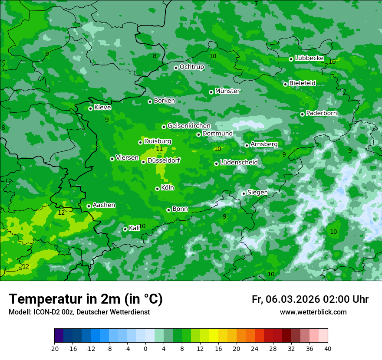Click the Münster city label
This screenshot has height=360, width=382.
pos(227,91)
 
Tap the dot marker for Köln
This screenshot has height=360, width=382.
pos(157,189)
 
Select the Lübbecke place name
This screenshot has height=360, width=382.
pos(309,58)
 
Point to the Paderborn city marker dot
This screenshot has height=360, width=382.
pos(302,114)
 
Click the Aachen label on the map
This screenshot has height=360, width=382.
pos(104,205)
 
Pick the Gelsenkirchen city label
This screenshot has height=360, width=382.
pos(189,126)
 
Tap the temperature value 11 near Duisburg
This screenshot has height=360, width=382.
pos(159,149)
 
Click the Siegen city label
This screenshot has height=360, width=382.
pos(257,193)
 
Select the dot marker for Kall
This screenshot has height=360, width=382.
pos(125,229)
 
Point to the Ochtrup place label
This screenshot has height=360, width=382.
pos(191,67)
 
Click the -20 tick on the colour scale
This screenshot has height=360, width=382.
pos(54,348)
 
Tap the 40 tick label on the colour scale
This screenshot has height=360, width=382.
pos(328,348)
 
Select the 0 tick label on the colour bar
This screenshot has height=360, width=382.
pos(145,348)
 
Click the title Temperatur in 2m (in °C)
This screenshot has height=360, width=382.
pos(86,299)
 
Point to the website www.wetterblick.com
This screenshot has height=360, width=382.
pos(313,312)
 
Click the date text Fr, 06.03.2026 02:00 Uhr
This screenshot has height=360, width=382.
pos(310,299)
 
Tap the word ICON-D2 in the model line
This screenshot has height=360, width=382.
pos(44,312)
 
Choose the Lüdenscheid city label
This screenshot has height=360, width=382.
pos(239,163)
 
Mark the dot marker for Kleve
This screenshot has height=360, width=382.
pos(90,108)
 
